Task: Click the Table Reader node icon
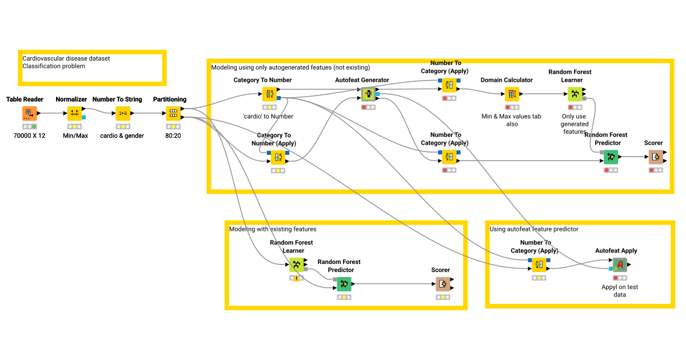tap(30, 113)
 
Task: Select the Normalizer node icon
tap(75, 113)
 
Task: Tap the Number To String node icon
tap(122, 113)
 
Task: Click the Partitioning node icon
tap(173, 113)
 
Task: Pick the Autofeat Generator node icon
tap(369, 94)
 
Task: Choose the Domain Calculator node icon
tap(512, 94)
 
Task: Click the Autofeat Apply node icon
tap(620, 265)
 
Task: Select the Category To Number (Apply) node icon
tap(278, 157)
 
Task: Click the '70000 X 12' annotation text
tap(29, 136)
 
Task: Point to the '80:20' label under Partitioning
tap(173, 136)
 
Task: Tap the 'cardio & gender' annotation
tap(122, 136)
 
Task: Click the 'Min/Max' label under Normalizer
tap(75, 136)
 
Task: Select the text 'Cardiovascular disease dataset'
tap(66, 58)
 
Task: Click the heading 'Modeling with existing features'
tap(273, 229)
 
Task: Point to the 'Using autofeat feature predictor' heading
tap(534, 229)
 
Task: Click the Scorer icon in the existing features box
tap(442, 284)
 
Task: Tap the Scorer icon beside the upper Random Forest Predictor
tap(655, 157)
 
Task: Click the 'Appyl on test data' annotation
tap(620, 291)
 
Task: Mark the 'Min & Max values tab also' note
tap(512, 120)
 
